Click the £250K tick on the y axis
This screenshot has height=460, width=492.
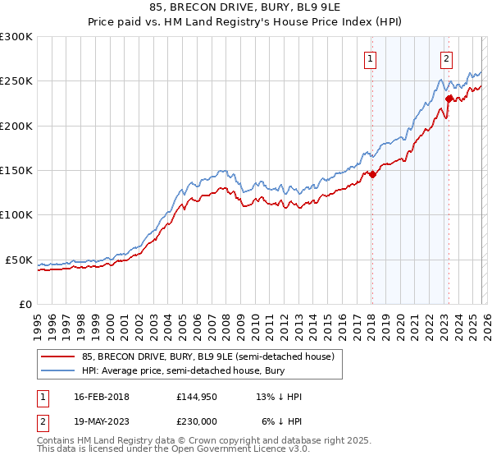[16, 81]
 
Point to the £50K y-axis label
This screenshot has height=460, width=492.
[19, 260]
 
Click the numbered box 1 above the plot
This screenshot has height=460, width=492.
[371, 58]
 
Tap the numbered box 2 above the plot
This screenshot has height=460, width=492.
[447, 58]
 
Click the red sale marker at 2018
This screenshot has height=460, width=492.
[372, 174]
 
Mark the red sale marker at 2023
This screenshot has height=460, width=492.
[449, 99]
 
